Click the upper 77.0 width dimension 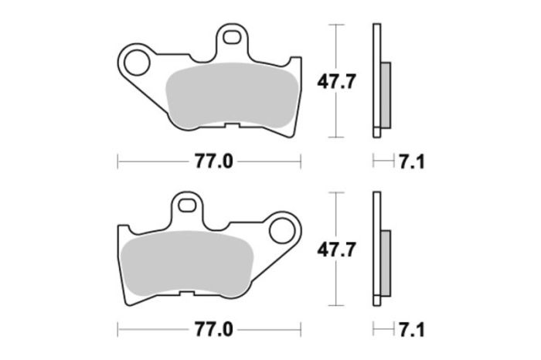(x=209, y=161)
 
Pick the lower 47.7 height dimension (x=337, y=250)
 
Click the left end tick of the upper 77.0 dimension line (x=117, y=161)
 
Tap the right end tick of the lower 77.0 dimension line (x=300, y=328)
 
